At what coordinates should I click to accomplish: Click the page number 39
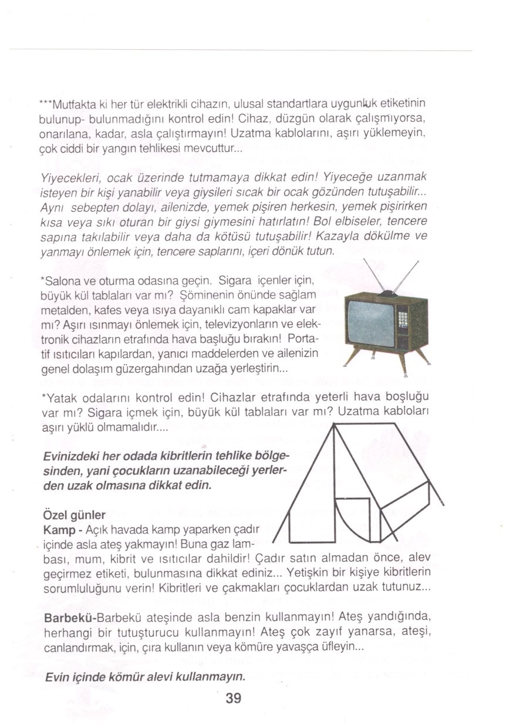coord(233,699)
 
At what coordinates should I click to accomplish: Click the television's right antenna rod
coord(406,275)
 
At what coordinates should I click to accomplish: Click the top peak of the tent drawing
coord(334,424)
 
